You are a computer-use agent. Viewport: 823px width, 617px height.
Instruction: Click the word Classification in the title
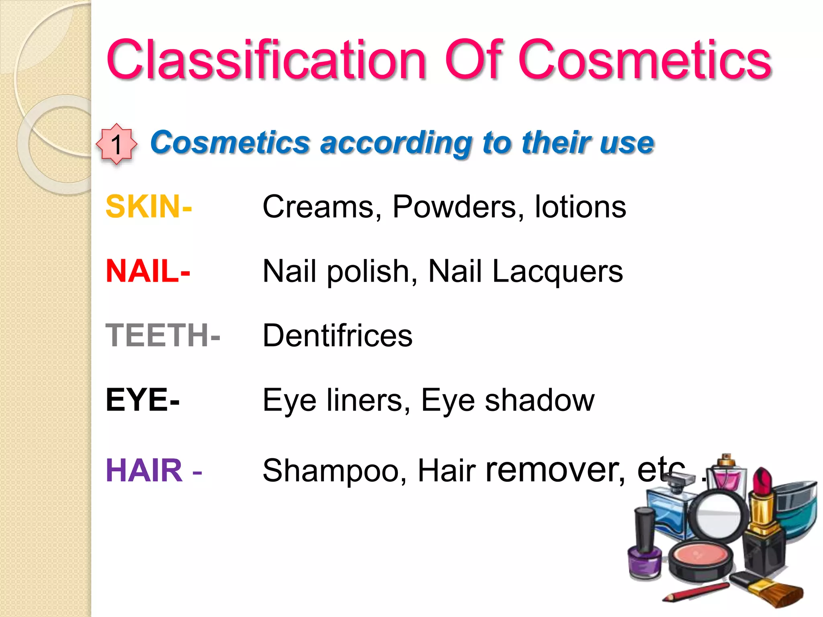pos(265,60)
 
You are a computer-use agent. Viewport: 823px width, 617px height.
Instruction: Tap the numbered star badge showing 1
pos(117,144)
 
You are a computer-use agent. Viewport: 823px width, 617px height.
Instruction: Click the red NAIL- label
pos(147,271)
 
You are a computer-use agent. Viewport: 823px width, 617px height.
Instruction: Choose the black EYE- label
pos(143,400)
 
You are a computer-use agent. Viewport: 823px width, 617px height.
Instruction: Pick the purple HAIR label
pos(144,470)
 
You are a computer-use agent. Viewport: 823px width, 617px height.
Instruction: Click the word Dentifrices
pos(337,335)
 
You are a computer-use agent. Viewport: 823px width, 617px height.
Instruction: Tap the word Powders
pos(458,206)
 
